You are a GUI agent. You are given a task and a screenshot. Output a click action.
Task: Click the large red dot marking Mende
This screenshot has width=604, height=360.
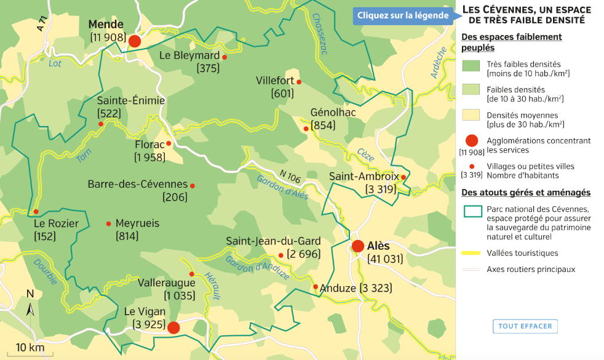tap(134, 41)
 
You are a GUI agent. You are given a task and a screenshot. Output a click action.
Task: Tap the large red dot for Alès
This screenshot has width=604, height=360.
tap(358, 246)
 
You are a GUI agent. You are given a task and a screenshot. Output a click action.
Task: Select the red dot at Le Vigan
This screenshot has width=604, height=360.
tap(173, 327)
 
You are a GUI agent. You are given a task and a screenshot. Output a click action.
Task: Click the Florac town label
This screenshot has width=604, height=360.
tap(149, 145)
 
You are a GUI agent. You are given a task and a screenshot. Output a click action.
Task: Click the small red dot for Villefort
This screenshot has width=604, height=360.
tap(299, 82)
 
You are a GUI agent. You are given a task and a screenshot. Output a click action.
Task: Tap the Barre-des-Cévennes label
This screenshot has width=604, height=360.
tap(137, 185)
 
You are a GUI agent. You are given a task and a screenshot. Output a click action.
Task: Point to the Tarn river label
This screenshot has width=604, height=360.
tap(84, 156)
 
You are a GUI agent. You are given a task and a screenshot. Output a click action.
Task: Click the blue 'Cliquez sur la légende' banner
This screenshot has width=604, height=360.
tap(403, 15)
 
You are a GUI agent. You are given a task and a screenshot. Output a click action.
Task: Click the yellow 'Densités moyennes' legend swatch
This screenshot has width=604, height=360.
tap(471, 118)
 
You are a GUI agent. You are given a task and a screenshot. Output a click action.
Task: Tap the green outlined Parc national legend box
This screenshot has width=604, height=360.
tap(471, 211)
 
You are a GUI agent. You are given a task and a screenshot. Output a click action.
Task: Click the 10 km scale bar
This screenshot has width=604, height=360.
tap(30, 354)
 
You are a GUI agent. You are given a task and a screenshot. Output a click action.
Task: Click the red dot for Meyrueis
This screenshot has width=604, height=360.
tap(109, 223)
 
